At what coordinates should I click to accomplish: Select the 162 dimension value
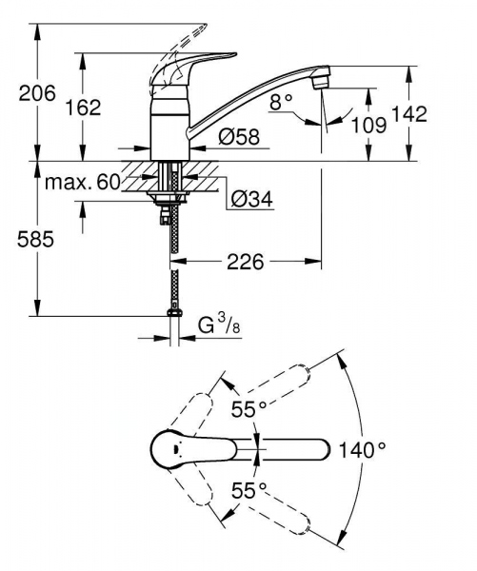click(x=83, y=107)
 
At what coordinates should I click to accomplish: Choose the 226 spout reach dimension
click(x=243, y=260)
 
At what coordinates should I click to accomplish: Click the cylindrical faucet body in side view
click(x=171, y=128)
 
